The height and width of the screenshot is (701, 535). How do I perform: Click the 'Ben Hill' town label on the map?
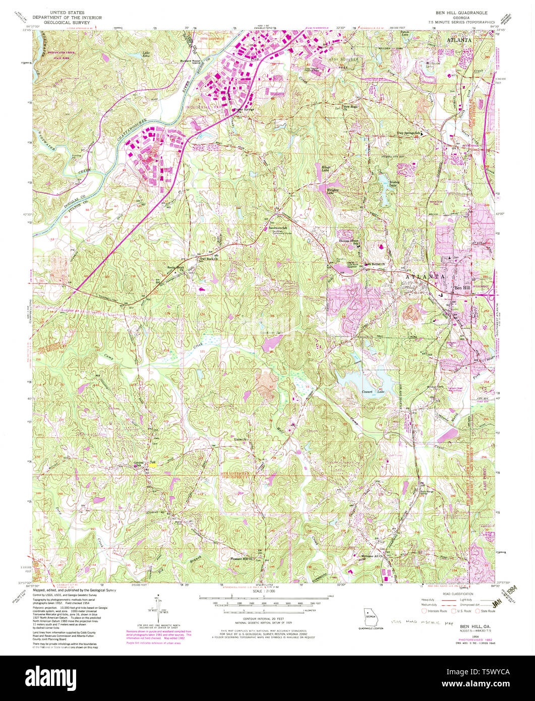(x=465, y=287)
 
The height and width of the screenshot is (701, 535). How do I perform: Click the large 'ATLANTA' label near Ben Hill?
(x=424, y=277)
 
